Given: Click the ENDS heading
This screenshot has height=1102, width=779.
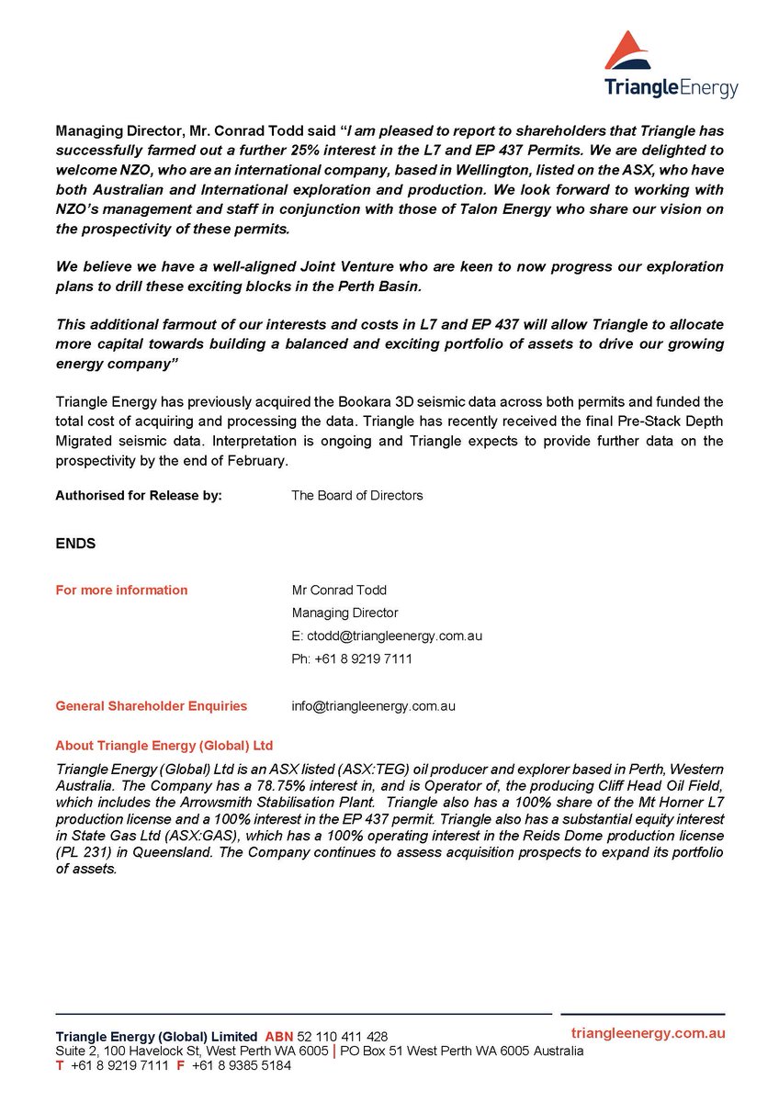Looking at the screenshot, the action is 75,544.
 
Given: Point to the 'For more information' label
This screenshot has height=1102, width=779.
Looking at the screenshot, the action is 121,590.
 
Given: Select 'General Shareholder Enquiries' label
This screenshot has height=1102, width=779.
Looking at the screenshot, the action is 151,706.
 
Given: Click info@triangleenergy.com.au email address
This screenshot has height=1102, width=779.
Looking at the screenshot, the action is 373,706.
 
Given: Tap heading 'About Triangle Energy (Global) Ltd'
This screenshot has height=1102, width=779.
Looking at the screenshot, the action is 164,745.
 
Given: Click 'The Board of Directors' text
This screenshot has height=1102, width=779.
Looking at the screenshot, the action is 356,495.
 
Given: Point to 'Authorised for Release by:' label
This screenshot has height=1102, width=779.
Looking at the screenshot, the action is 139,495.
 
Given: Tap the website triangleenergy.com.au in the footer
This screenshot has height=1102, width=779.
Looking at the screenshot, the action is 648,1033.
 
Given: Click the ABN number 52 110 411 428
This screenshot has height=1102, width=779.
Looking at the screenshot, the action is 343,1036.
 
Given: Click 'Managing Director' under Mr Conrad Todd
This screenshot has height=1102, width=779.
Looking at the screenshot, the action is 344,613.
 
